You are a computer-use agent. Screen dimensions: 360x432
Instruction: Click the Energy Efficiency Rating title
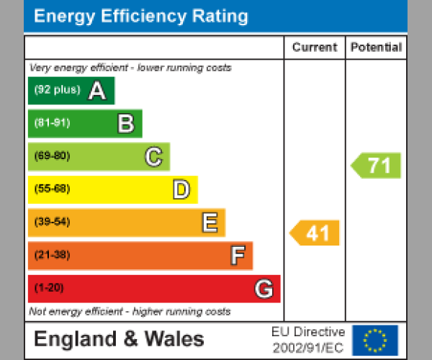(x=141, y=17)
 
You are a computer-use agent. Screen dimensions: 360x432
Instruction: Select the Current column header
(x=315, y=48)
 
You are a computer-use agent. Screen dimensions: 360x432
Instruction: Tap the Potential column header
(x=376, y=48)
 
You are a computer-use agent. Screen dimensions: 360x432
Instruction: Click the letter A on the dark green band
(x=96, y=91)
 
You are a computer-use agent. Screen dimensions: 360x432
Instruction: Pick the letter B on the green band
(x=125, y=124)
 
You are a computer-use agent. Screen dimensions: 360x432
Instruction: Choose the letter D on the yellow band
(x=181, y=190)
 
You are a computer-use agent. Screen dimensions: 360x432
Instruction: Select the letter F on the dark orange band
(x=237, y=256)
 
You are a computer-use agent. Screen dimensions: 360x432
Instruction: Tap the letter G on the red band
(x=264, y=289)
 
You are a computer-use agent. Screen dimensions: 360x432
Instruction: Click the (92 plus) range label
(x=57, y=91)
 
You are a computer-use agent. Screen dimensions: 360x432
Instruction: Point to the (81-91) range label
(x=52, y=123)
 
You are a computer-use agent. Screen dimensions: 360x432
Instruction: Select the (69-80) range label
(x=52, y=156)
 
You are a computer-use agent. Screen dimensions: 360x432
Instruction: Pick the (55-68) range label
(x=52, y=189)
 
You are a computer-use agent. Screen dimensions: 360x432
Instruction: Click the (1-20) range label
(x=49, y=288)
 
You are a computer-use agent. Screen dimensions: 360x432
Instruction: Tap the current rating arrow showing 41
(x=315, y=233)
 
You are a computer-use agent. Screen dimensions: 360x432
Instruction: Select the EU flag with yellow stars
(x=374, y=339)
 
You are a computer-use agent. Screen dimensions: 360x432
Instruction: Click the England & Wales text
(x=119, y=339)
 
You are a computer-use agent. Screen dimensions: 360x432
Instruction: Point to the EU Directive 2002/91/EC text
(x=308, y=339)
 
